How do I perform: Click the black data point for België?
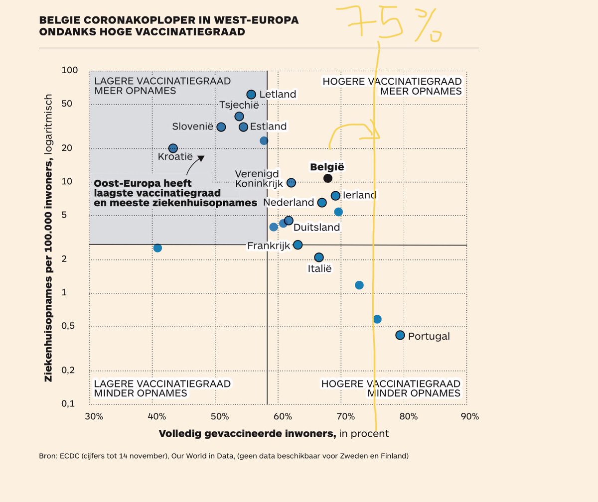pos(327,178)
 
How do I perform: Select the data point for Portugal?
pos(400,335)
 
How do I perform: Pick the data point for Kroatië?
pos(173,148)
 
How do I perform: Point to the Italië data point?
pos(319,257)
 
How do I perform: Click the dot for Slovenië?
pos(221,127)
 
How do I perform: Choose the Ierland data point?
pos(335,196)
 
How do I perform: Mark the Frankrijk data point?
pos(298,245)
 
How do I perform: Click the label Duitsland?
pos(316,228)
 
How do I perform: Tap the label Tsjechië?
pos(239,105)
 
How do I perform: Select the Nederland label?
pos(289,203)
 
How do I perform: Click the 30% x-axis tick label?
pos(93,416)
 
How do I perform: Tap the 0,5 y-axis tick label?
pos(70,326)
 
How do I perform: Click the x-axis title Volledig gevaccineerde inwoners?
pos(247,434)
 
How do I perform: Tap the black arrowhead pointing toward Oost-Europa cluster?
pos(201,158)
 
